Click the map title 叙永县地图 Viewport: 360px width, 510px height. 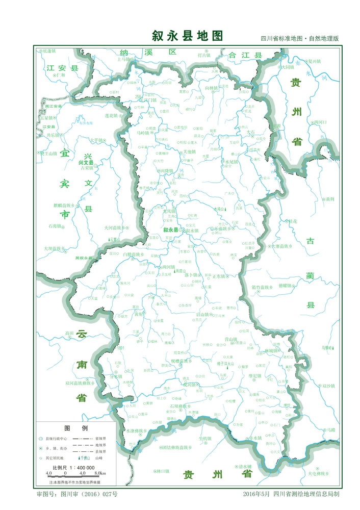click(187, 36)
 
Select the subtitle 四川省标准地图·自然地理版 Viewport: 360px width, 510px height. click(299, 39)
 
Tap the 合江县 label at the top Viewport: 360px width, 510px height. click(244, 55)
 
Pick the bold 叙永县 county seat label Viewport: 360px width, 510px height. click(171, 231)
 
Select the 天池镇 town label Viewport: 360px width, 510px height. click(189, 152)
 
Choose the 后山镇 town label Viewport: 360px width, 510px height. click(202, 315)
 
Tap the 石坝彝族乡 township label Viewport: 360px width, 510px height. click(178, 406)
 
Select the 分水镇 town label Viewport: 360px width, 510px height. click(117, 376)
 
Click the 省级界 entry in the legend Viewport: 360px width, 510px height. click(100, 438)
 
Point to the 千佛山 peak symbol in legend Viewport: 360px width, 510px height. click(83, 458)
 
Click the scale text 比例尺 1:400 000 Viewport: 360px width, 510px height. click(74, 467)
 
